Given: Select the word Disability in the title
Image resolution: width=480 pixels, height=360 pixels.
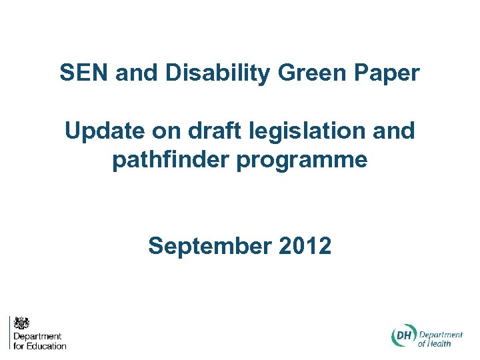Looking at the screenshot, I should (x=217, y=73).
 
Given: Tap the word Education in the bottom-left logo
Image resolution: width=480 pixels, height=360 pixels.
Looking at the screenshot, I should (x=47, y=345).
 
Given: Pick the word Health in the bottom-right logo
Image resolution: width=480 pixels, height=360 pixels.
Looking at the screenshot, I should (x=440, y=343).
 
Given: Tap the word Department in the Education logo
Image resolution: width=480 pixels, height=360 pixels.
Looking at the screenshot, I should (x=37, y=337).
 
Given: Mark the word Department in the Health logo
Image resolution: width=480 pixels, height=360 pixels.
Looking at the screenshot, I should (x=441, y=334).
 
